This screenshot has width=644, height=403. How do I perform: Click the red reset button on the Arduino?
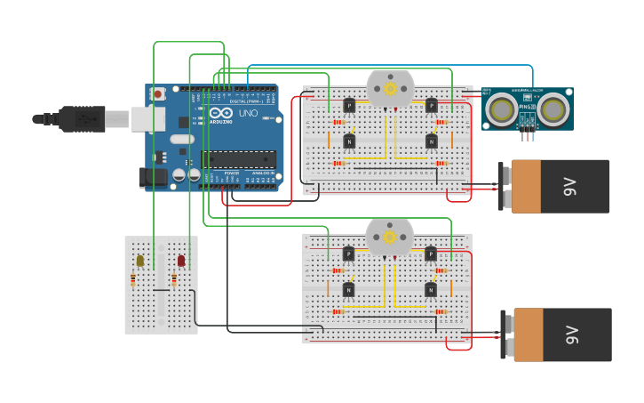(158, 93)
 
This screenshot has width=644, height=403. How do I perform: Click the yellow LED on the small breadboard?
(139, 261)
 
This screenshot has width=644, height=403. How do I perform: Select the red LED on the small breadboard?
(181, 261)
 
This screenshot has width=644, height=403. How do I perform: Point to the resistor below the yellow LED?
(133, 280)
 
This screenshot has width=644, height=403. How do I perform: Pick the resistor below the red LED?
(174, 281)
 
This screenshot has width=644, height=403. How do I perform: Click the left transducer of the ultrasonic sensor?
(503, 109)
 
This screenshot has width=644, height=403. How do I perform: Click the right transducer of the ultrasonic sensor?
(553, 109)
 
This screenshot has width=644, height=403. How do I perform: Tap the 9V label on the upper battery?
(569, 186)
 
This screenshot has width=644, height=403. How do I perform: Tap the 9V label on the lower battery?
(571, 334)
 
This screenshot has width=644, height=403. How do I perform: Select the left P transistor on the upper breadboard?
(349, 106)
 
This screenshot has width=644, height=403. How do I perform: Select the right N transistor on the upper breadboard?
(431, 141)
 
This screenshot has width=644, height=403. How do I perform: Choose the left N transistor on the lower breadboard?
(348, 289)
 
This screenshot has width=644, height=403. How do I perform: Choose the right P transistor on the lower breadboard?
(431, 254)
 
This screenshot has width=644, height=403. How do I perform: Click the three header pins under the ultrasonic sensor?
(529, 134)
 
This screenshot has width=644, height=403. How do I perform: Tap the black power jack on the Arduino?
(153, 177)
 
